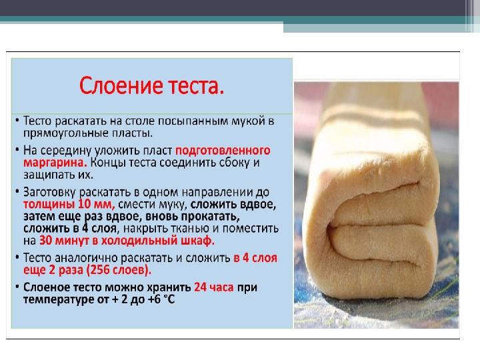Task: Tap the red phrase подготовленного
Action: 223,151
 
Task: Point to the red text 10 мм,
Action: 97,204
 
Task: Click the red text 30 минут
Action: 64,241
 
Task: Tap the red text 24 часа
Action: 214,287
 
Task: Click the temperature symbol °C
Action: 169,299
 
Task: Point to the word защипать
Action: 49,175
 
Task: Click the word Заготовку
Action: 49,193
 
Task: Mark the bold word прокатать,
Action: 210,217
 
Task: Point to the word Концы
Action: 108,163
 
